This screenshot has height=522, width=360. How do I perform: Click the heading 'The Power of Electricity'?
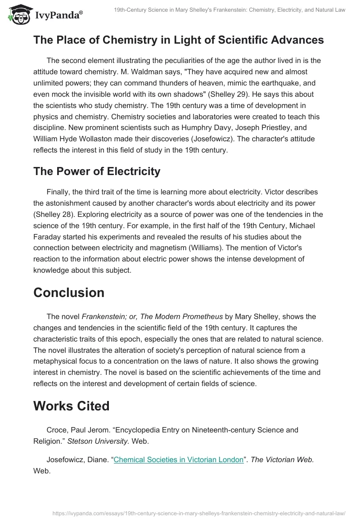click(x=97, y=171)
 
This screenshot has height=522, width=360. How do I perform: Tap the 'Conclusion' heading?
click(x=69, y=292)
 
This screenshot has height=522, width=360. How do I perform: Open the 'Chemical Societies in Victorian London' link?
click(x=178, y=459)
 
